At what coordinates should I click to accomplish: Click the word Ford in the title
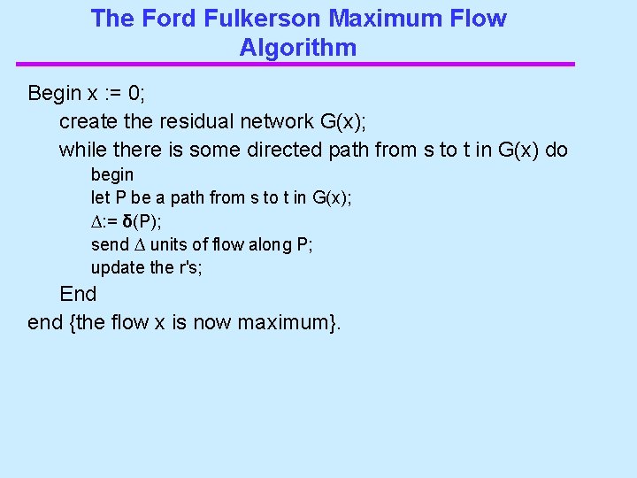[161, 19]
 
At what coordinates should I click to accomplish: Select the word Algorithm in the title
[298, 48]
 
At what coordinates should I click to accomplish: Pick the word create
[85, 121]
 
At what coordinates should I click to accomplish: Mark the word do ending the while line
[556, 150]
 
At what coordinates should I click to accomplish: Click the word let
[100, 198]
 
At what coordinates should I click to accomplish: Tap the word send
[110, 244]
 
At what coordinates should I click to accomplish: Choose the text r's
[190, 267]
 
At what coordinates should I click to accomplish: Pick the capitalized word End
[78, 294]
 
